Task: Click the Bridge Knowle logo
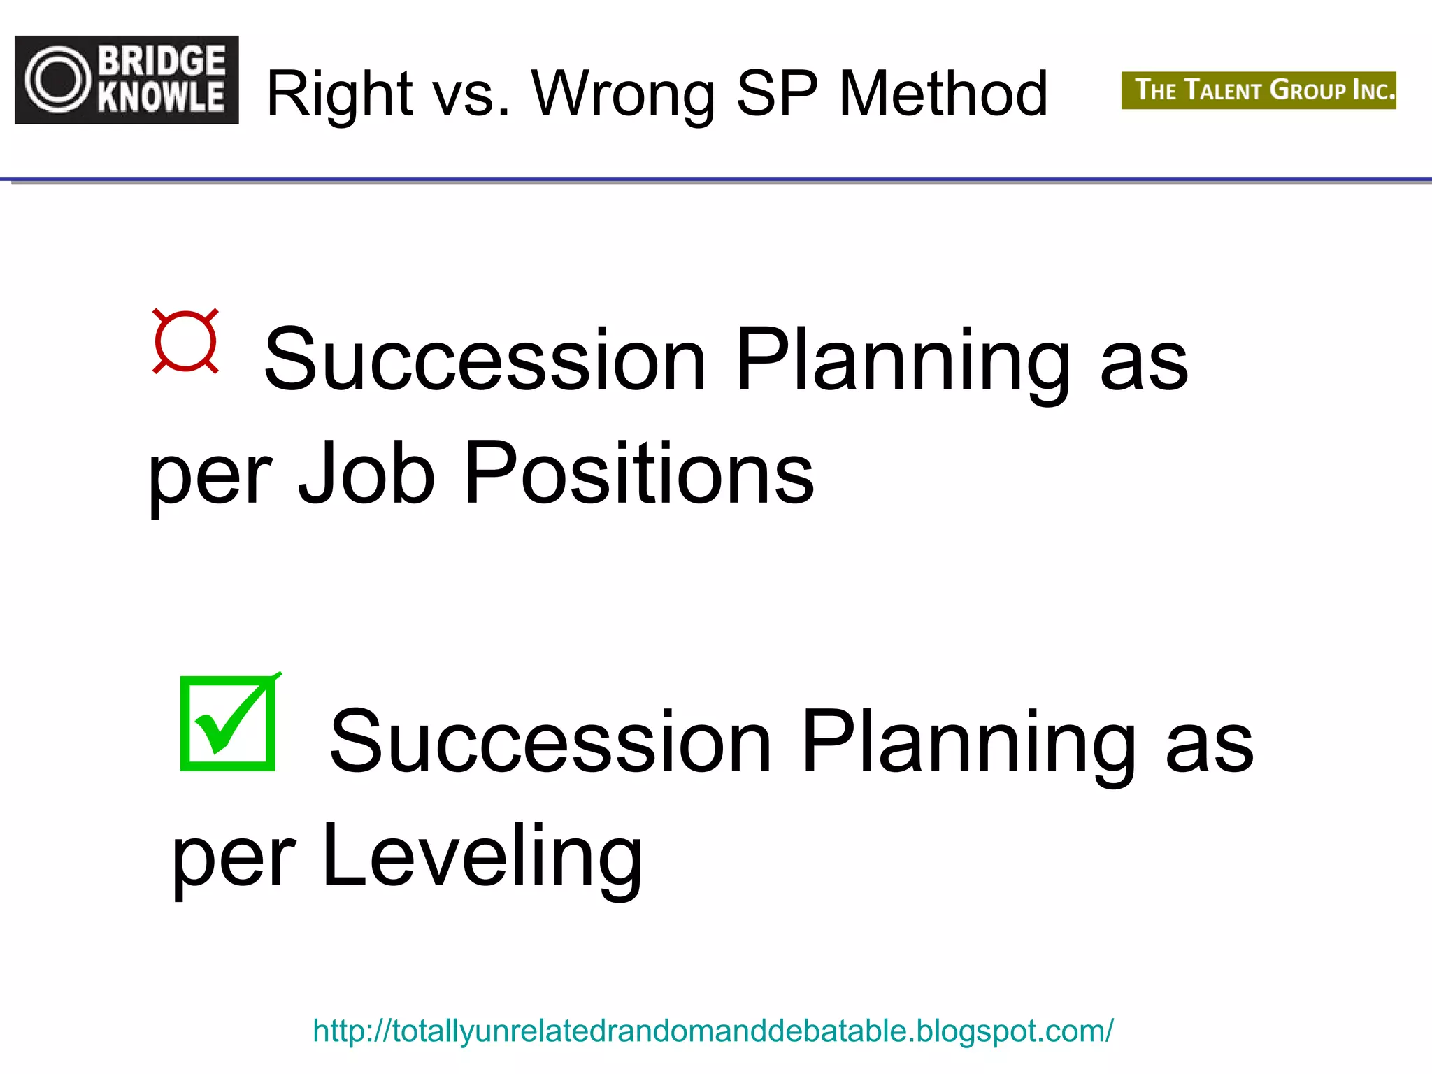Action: click(x=127, y=80)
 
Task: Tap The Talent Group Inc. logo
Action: click(x=1258, y=90)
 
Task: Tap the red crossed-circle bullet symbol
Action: click(x=185, y=341)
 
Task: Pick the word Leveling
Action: click(x=482, y=857)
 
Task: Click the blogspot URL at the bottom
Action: click(x=713, y=1031)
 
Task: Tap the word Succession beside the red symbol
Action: click(x=485, y=359)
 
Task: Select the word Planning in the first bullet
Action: click(x=903, y=359)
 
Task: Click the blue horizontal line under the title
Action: click(x=716, y=180)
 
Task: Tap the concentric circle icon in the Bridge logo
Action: click(x=58, y=79)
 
